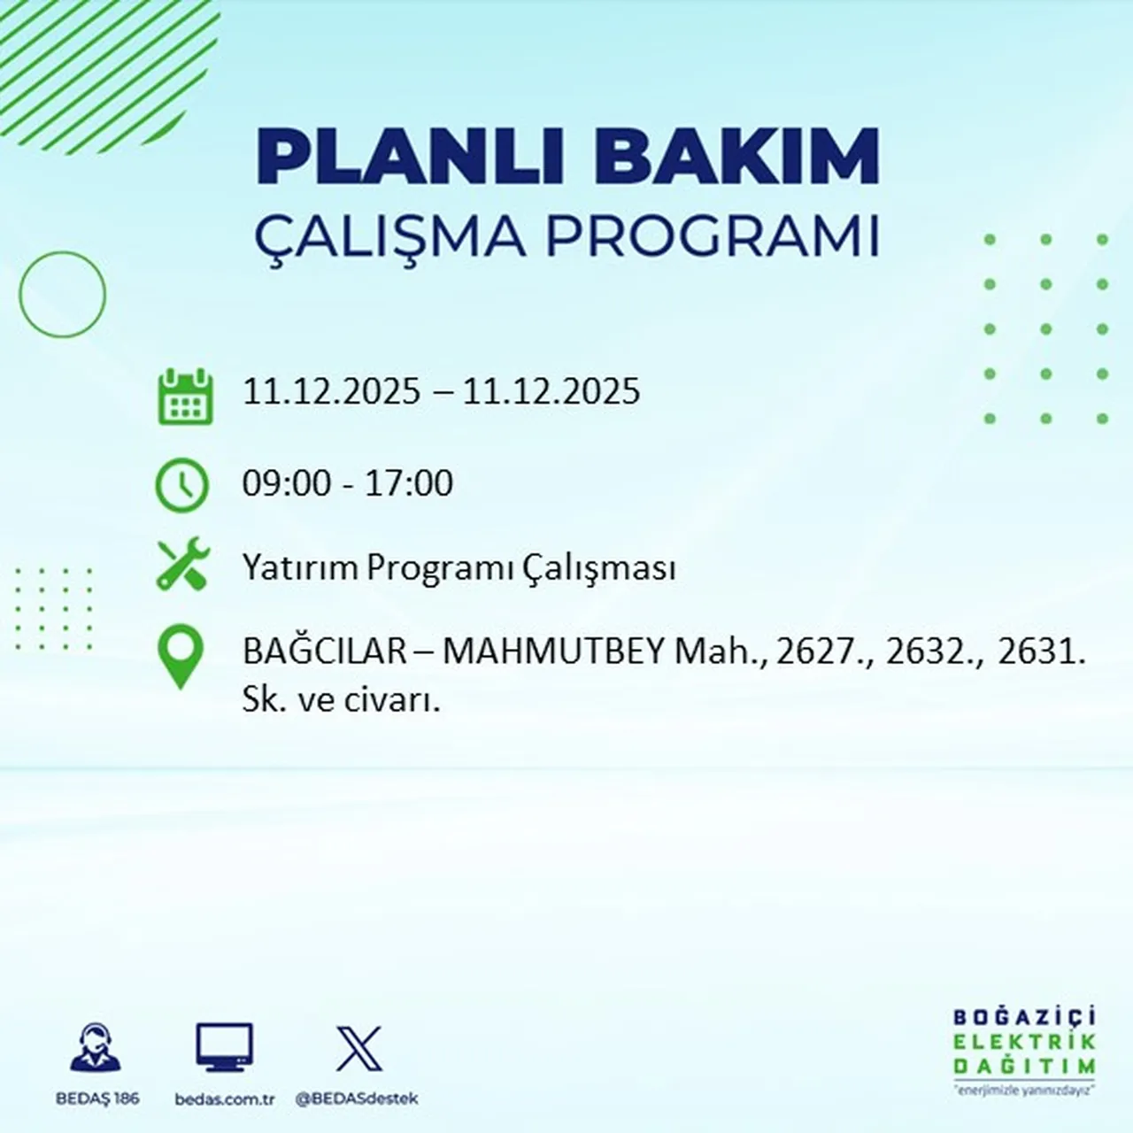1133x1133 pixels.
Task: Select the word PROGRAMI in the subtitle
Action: (x=712, y=237)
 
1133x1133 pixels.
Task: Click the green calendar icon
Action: (x=185, y=397)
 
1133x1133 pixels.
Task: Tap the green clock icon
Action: (x=182, y=485)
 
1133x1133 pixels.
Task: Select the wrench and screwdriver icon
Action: (x=182, y=565)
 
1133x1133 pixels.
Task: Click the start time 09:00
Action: (x=286, y=483)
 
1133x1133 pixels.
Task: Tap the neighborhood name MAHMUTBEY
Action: (x=553, y=652)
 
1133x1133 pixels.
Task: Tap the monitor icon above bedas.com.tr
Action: (x=224, y=1048)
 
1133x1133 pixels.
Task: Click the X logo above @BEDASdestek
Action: (x=358, y=1049)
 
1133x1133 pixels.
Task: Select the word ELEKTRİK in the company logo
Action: (x=1024, y=1042)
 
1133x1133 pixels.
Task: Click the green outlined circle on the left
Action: (x=62, y=294)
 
